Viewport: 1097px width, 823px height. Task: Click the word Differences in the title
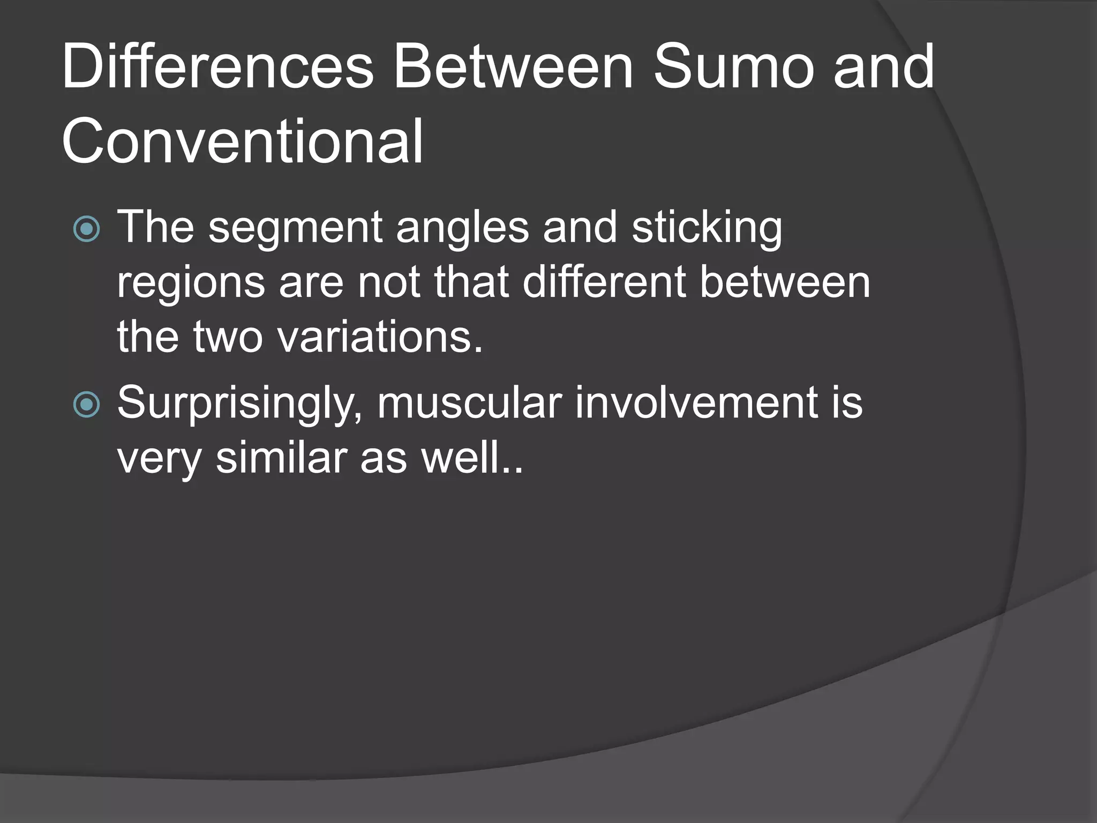click(x=217, y=68)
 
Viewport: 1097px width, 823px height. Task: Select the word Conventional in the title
click(x=243, y=142)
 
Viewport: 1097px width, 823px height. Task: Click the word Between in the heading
click(x=514, y=68)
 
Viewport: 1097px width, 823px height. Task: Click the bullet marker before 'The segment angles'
click(x=86, y=229)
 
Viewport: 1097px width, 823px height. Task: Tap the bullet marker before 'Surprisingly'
click(x=86, y=405)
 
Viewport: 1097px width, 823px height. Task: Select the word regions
click(x=191, y=283)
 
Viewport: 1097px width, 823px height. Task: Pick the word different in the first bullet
click(x=604, y=282)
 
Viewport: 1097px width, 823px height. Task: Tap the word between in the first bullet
click(x=785, y=282)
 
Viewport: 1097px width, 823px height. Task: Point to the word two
click(x=228, y=338)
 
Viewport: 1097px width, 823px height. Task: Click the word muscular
click(x=469, y=403)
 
